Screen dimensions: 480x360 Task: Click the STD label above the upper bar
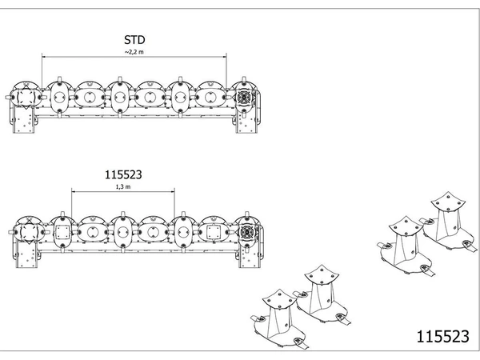(x=134, y=40)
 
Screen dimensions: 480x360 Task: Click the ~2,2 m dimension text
(x=134, y=52)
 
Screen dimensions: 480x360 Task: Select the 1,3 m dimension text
(x=123, y=186)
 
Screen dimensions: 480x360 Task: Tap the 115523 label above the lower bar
(x=123, y=174)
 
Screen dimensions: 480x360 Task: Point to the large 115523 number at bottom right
(x=442, y=336)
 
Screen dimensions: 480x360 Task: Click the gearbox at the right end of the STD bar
(x=244, y=97)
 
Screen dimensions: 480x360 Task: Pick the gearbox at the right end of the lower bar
(x=246, y=232)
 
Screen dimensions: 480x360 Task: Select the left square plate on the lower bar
(x=62, y=232)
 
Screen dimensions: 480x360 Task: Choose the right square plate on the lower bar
(x=213, y=232)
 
